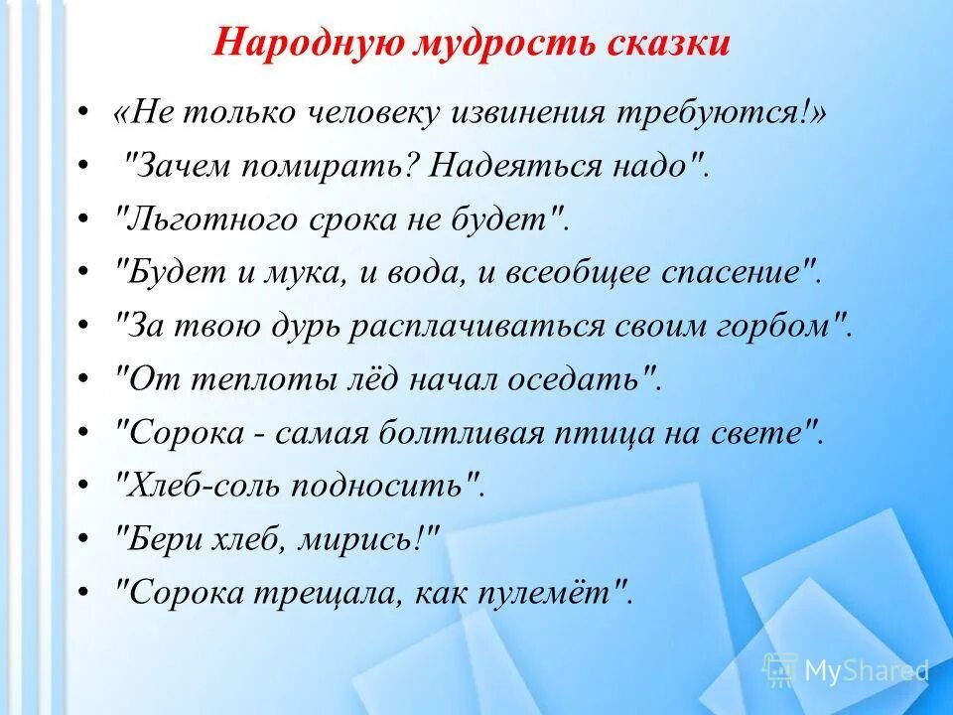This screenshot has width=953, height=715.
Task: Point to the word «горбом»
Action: point(783,326)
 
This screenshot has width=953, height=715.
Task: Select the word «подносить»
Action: point(398,486)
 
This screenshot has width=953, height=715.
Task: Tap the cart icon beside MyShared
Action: point(779,669)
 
